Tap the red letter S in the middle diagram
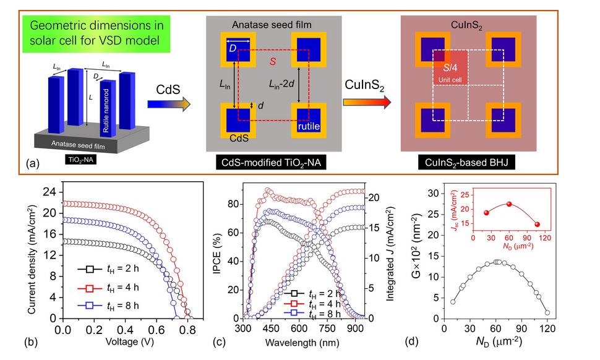pos(270,61)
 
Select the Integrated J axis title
pos(391,253)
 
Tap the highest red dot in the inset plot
pos(508,204)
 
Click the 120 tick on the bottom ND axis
pos(547,328)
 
